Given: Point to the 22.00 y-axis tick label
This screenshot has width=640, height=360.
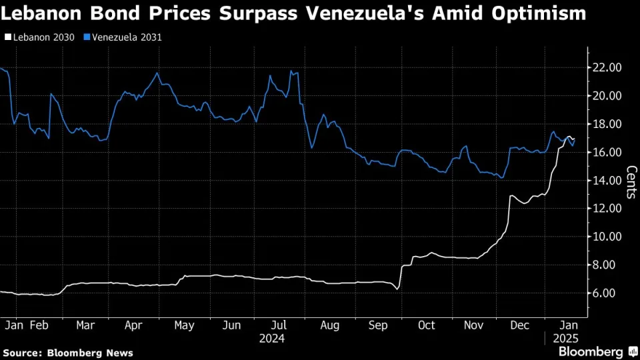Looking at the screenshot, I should [x=607, y=67].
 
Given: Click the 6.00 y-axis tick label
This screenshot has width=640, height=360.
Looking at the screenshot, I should [x=607, y=293].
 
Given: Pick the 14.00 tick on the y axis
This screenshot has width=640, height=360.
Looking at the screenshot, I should [x=607, y=180].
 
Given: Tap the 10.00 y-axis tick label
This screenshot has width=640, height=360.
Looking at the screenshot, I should [x=607, y=237].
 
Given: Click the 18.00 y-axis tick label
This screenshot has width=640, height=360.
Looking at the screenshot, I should [x=607, y=124].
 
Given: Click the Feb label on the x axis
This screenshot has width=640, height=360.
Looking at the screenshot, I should [x=39, y=325].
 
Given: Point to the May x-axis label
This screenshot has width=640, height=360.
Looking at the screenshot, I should [x=184, y=325].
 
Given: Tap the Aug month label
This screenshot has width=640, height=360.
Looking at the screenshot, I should [x=329, y=325].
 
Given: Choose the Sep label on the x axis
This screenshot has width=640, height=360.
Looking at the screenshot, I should [x=377, y=325].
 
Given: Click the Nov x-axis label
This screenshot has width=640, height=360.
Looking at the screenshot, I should [x=473, y=325].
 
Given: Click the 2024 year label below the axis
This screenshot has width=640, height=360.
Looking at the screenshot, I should [x=272, y=339].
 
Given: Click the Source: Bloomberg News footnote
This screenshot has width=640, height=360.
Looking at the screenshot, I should [x=68, y=353].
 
